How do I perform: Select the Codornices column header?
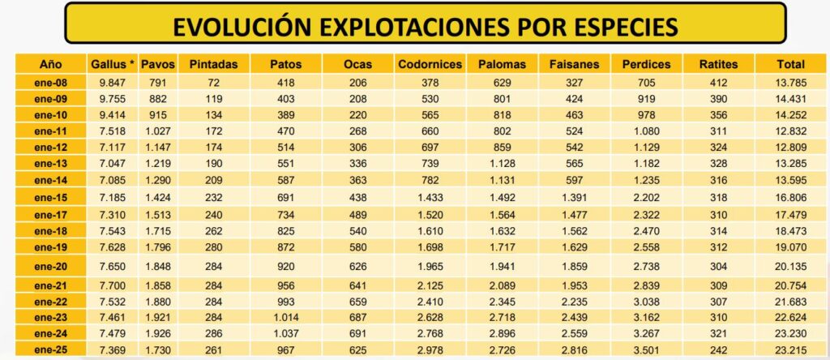pyautogui.click(x=430, y=64)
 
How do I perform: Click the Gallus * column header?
pyautogui.click(x=111, y=64)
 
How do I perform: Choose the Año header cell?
pyautogui.click(x=50, y=64)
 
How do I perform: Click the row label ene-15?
pyautogui.click(x=50, y=197)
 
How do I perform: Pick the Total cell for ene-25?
pyautogui.click(x=790, y=348)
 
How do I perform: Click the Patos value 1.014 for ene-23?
pyautogui.click(x=285, y=315)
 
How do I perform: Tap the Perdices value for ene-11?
pyautogui.click(x=645, y=131)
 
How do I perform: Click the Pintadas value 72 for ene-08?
pyautogui.click(x=213, y=82)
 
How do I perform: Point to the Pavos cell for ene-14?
pyautogui.click(x=158, y=179)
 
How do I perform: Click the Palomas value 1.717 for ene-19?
pyautogui.click(x=502, y=246)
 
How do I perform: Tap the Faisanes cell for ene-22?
pyautogui.click(x=573, y=299)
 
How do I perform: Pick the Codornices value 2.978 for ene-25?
pyautogui.click(x=430, y=348)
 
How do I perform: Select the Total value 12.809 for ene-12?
pyautogui.click(x=790, y=147)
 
